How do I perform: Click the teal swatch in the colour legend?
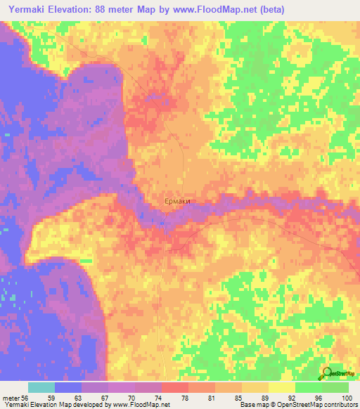tap(41, 387)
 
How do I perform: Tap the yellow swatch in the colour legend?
tap(281, 387)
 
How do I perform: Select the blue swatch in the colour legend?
tap(67, 387)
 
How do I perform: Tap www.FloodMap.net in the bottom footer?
tap(140, 405)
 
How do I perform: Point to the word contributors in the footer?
tap(340, 405)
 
